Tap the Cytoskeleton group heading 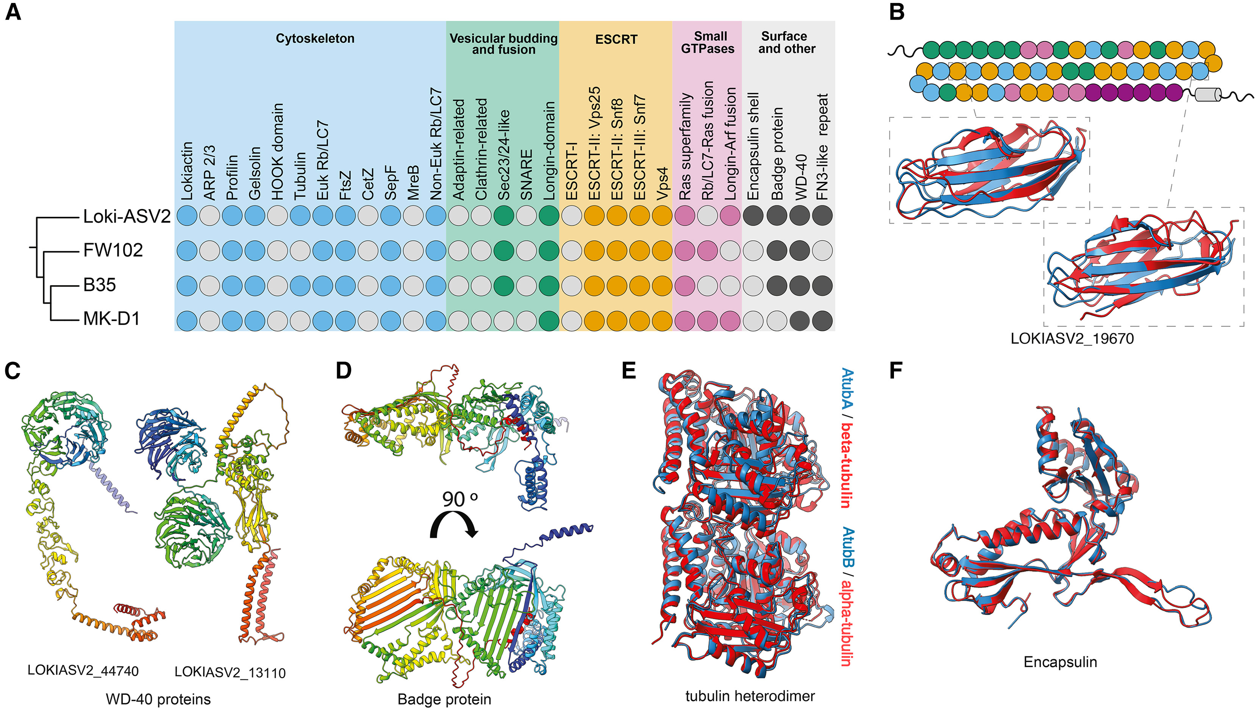click(315, 39)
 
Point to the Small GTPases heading click(707, 42)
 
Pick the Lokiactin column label click(187, 171)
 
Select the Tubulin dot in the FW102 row click(300, 250)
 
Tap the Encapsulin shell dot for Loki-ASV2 click(753, 216)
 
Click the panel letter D click(344, 371)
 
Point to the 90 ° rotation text click(459, 499)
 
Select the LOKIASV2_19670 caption click(1072, 338)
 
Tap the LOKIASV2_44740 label click(83, 671)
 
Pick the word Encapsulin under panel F click(1060, 662)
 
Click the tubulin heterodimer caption click(750, 696)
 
